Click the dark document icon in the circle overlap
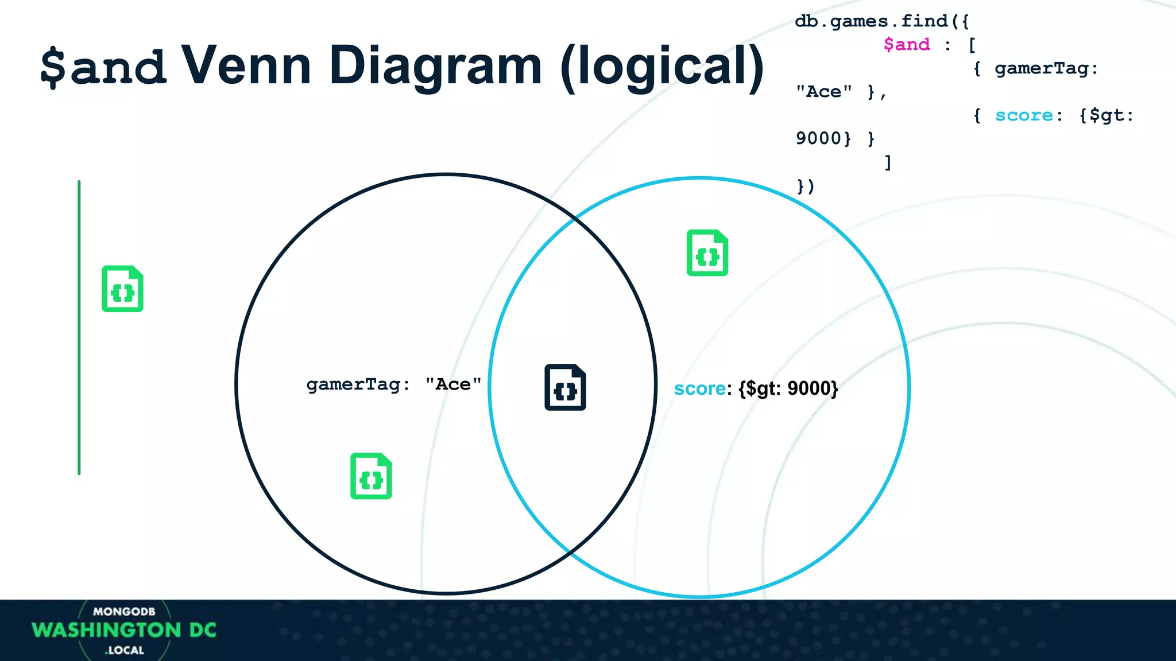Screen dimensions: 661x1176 (x=565, y=387)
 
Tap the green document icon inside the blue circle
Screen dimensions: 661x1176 (x=707, y=253)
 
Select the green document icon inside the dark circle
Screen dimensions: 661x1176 (x=371, y=476)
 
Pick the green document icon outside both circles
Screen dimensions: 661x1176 (x=122, y=289)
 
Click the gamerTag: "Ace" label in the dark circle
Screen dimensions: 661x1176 (x=393, y=384)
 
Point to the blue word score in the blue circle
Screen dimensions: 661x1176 (x=699, y=388)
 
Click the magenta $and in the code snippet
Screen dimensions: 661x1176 (x=906, y=45)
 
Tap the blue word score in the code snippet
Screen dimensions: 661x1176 (x=1024, y=115)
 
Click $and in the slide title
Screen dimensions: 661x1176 (x=103, y=67)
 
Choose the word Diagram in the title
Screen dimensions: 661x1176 (x=435, y=67)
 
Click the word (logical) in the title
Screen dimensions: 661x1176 (x=661, y=67)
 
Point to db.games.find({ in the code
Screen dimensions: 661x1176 (x=882, y=21)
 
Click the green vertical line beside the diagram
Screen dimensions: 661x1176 (x=79, y=327)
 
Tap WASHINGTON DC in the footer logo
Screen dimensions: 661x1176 (x=124, y=630)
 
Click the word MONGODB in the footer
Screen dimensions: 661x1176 (x=124, y=612)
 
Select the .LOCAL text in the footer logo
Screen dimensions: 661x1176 (x=125, y=650)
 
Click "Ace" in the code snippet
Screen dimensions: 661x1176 (x=823, y=92)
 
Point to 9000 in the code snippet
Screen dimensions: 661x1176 (x=818, y=138)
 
